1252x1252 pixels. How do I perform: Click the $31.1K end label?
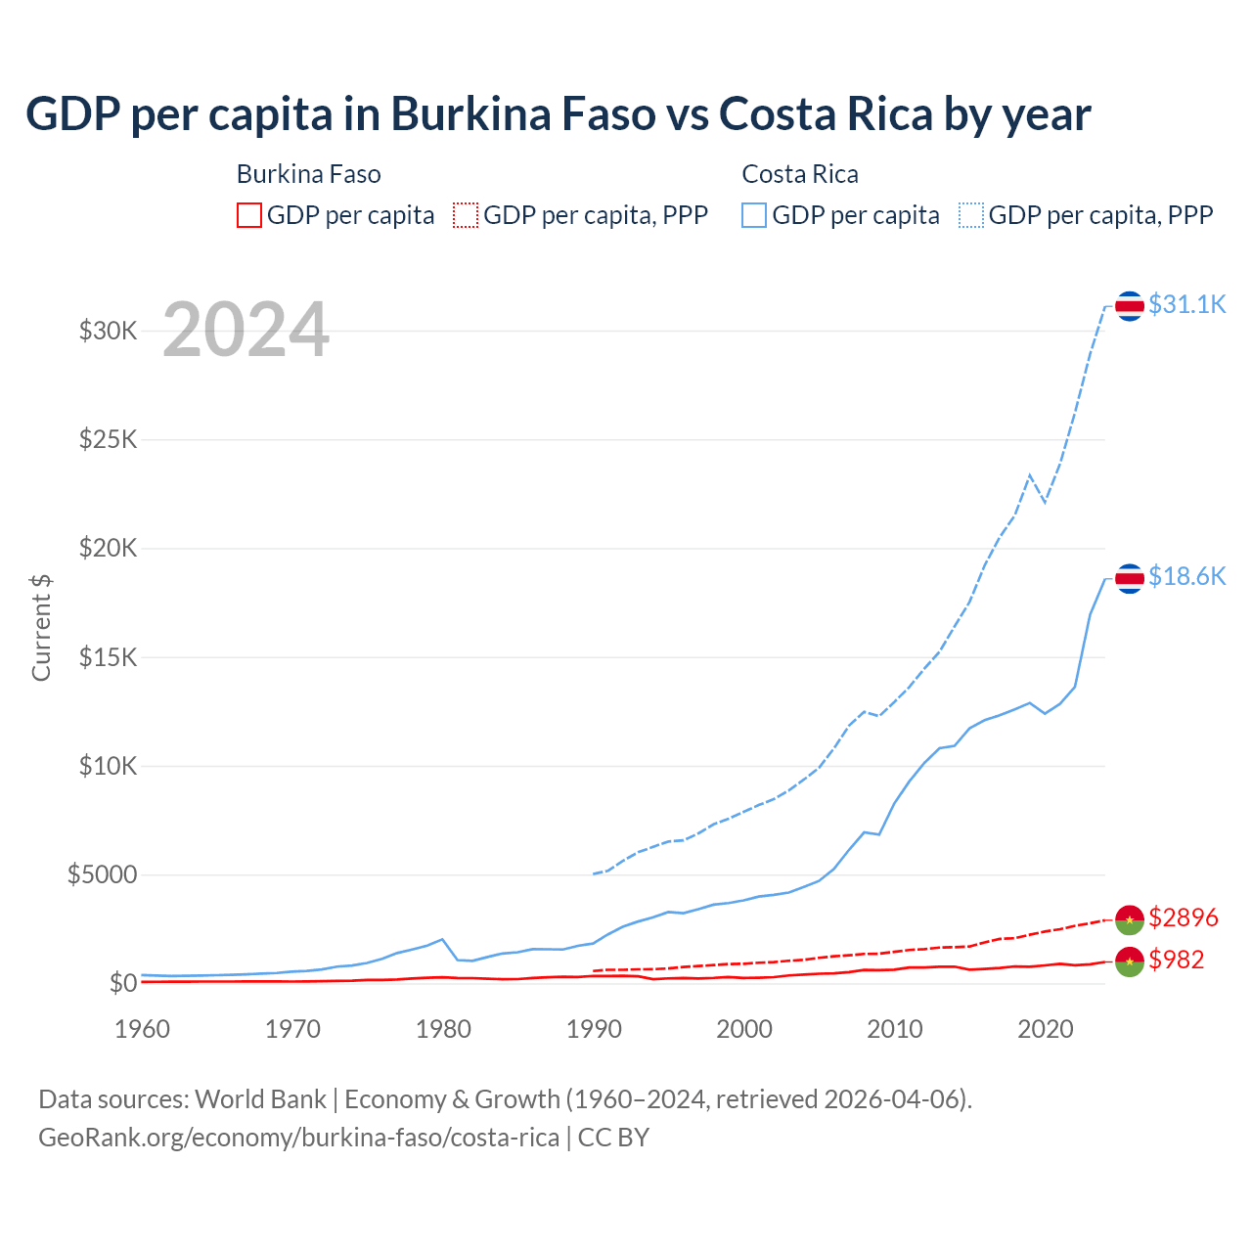pos(1186,304)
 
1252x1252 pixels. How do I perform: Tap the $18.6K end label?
pos(1186,576)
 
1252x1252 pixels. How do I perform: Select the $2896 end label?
pos(1184,917)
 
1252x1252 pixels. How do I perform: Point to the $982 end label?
pos(1177,960)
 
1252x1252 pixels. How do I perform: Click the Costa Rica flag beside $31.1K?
pos(1130,306)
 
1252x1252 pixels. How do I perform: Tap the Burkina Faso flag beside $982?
pos(1130,961)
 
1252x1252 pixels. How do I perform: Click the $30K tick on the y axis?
pos(109,331)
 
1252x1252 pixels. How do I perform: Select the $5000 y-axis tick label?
pos(103,874)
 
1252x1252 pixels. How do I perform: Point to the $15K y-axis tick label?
pos(109,656)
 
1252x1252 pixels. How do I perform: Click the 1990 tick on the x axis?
pos(595,1029)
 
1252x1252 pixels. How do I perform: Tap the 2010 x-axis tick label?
pos(895,1029)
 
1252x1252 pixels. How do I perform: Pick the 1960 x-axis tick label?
pos(143,1029)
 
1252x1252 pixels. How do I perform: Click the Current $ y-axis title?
pos(41,627)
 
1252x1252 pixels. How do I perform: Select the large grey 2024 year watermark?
pos(246,330)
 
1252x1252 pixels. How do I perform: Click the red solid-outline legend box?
pos(249,215)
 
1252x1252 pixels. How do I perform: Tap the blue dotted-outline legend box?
pos(971,215)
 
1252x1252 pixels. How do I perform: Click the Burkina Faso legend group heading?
pos(309,174)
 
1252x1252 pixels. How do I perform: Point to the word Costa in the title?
pos(774,114)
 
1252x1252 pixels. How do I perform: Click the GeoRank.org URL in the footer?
pos(298,1138)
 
